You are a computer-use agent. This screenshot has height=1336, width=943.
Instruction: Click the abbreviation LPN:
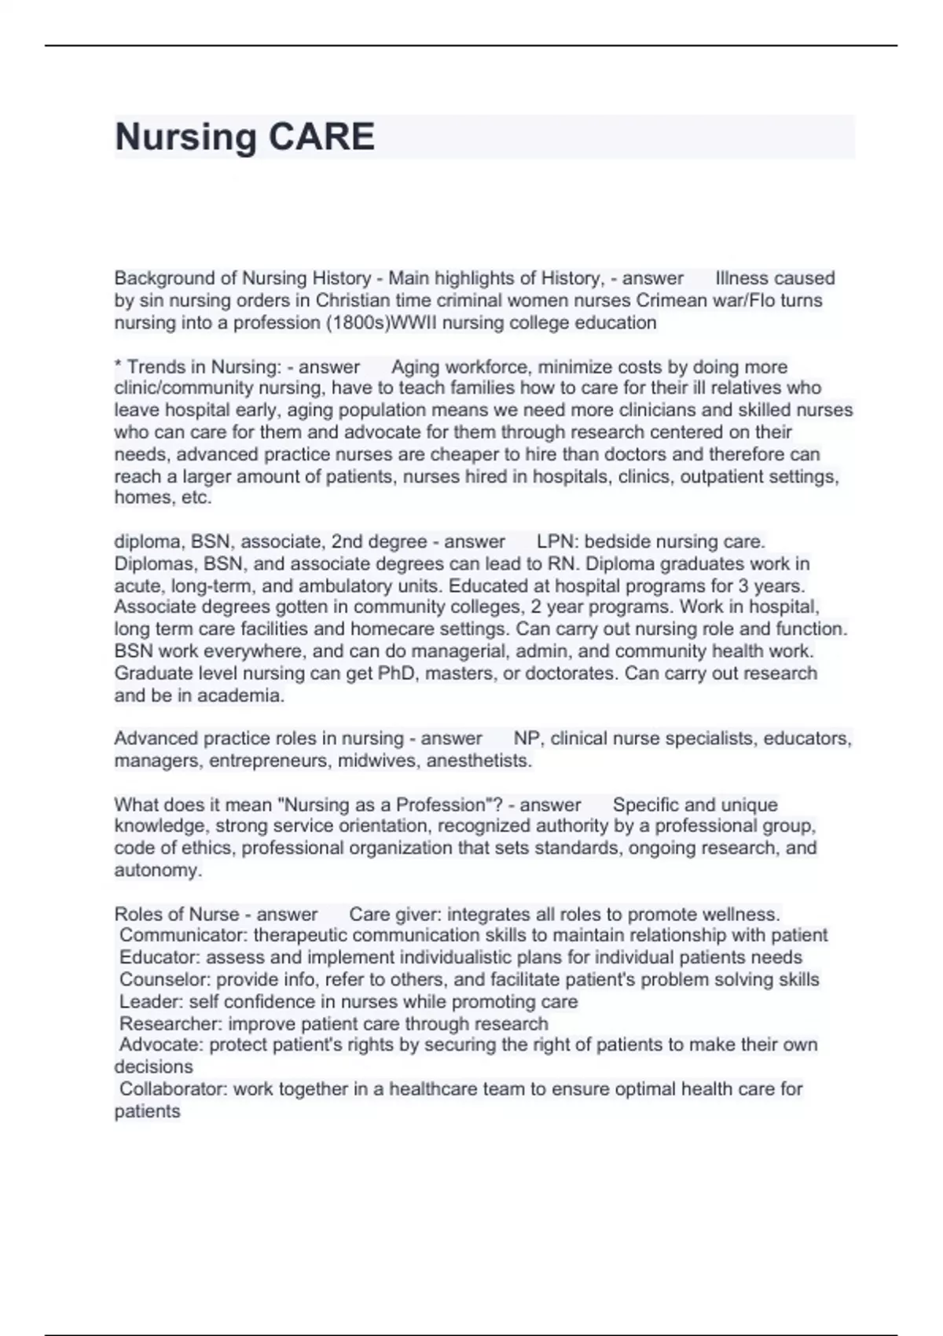pyautogui.click(x=556, y=541)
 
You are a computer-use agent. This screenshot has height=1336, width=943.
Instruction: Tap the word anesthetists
pyautogui.click(x=483, y=761)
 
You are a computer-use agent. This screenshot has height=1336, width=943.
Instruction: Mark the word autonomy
pyautogui.click(x=158, y=870)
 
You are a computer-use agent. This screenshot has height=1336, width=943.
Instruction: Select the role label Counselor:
pyautogui.click(x=165, y=979)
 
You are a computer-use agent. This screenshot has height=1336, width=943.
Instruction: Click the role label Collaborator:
pyautogui.click(x=173, y=1088)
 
